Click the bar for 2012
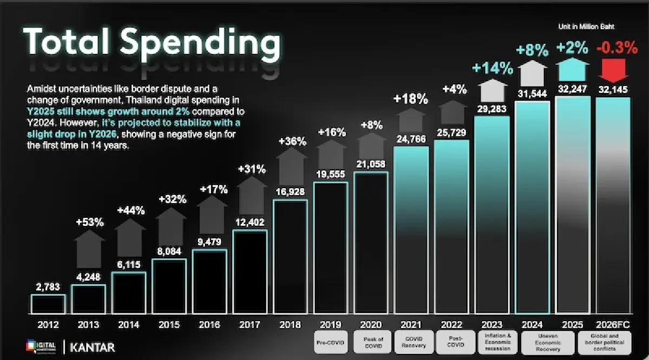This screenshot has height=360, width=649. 48,304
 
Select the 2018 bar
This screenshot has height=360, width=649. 290,257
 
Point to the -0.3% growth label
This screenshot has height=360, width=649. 617,48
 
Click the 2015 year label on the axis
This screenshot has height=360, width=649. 169,325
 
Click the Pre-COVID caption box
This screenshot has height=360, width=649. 331,342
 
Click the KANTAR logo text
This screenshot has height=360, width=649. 92,347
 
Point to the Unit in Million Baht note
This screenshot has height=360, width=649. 586,26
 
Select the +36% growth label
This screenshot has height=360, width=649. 292,142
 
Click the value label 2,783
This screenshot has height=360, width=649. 48,287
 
